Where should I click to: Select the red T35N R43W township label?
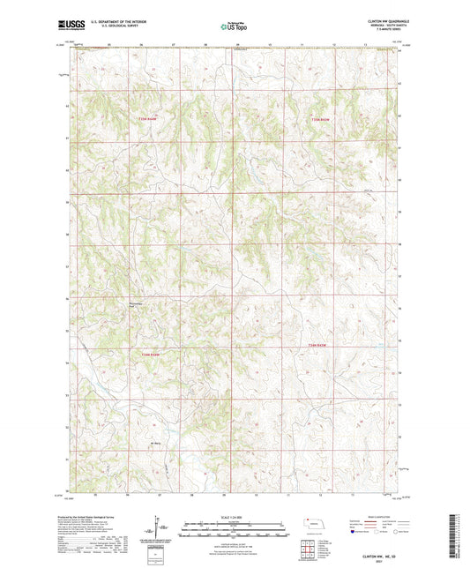click(x=319, y=120)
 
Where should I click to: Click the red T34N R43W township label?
click(x=322, y=344)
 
